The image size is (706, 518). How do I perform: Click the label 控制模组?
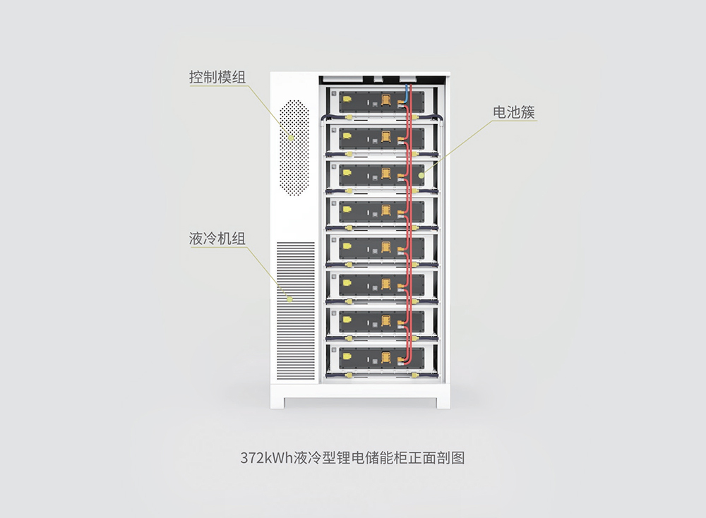coord(217,77)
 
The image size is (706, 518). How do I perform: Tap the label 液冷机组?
coord(217,239)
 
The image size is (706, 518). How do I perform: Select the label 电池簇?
coord(514,112)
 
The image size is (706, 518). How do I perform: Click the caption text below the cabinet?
coord(352,458)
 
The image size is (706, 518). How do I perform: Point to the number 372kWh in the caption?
coord(267,458)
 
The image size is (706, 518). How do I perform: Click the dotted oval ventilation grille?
coord(294,147)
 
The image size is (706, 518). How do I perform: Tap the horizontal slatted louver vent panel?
coord(295,311)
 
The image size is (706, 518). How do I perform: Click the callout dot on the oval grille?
coord(292,138)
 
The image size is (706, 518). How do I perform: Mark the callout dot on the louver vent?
coord(290,299)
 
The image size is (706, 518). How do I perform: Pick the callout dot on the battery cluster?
coord(421,175)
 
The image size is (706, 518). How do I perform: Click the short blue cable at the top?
coord(407,94)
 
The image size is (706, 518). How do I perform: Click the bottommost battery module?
coord(382,358)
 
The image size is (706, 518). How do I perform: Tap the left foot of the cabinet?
coord(277,402)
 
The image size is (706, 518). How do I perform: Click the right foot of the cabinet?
coord(443,402)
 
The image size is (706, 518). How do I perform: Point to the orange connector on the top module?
coord(386,100)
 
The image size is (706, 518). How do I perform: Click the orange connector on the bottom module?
coord(386,357)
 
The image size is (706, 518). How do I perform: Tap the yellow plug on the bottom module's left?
coord(347,356)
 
